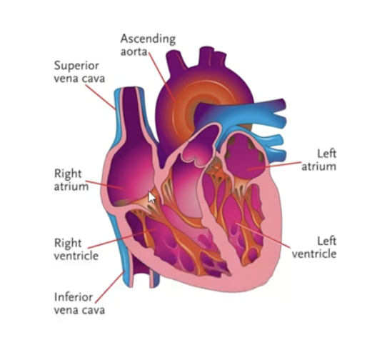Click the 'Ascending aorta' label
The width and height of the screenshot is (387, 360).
click(x=148, y=45)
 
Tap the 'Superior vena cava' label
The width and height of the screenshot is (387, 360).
click(x=79, y=72)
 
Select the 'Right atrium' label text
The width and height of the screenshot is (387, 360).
click(x=71, y=180)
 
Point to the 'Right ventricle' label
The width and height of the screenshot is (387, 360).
click(x=76, y=249)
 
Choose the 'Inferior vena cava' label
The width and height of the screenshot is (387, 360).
click(x=79, y=303)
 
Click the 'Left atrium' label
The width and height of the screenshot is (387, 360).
click(x=319, y=160)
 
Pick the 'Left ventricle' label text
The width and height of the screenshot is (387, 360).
click(x=314, y=248)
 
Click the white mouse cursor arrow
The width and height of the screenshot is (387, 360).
click(x=151, y=197)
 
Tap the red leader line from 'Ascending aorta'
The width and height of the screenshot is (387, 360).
click(x=161, y=75)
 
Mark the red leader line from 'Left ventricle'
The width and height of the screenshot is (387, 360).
click(x=263, y=235)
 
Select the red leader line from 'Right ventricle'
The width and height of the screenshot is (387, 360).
click(x=123, y=238)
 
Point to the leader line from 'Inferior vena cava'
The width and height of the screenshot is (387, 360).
click(x=110, y=287)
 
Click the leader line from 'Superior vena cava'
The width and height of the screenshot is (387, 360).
click(x=101, y=97)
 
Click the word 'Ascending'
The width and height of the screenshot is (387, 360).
click(x=148, y=39)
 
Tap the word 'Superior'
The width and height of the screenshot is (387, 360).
click(x=76, y=66)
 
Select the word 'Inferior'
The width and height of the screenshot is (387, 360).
click(x=74, y=297)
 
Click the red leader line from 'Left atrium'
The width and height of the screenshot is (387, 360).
click(x=274, y=166)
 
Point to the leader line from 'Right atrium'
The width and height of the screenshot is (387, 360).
click(x=104, y=185)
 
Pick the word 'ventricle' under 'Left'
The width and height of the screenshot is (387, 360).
click(x=314, y=254)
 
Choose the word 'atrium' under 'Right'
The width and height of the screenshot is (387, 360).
click(x=71, y=186)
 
